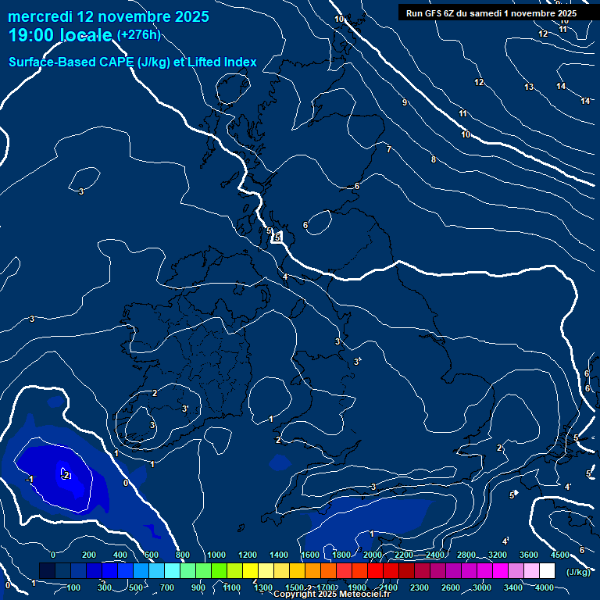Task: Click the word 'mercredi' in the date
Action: (x=39, y=16)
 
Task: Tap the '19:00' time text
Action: (x=31, y=35)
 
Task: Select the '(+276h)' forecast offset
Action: (x=138, y=35)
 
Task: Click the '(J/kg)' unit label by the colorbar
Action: (x=578, y=572)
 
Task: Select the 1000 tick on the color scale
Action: (x=216, y=555)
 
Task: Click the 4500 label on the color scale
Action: (x=560, y=555)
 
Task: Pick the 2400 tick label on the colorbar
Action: (x=435, y=555)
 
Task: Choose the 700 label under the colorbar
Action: (x=167, y=587)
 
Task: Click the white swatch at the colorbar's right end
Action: (x=547, y=571)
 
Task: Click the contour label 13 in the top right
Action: (x=529, y=87)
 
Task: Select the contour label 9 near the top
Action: (x=405, y=102)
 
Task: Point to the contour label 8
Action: (x=434, y=159)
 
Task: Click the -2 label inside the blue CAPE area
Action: (x=66, y=475)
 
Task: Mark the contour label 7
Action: (x=388, y=149)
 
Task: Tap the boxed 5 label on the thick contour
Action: (x=277, y=237)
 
